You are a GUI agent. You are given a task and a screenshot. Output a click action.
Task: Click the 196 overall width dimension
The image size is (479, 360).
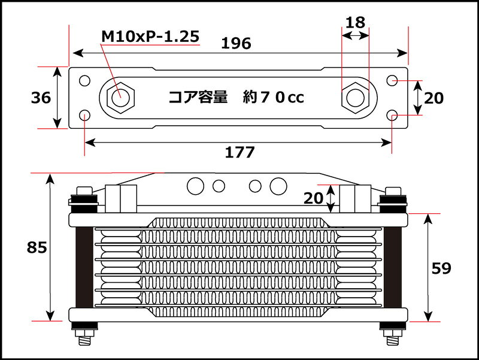236,43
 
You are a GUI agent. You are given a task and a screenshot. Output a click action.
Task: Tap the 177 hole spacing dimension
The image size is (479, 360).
240,152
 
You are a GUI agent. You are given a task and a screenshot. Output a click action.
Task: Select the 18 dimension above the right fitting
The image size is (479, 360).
355,23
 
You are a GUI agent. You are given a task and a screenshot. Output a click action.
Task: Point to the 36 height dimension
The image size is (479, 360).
41,98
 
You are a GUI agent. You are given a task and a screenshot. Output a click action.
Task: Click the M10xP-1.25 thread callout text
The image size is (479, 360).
150,37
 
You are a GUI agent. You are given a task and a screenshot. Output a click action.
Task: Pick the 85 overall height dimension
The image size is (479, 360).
37,247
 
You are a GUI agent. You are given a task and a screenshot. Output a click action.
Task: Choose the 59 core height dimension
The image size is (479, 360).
441,268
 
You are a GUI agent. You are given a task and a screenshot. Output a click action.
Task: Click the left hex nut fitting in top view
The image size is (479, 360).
120,98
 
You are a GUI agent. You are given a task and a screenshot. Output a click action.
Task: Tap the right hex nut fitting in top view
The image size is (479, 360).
356,98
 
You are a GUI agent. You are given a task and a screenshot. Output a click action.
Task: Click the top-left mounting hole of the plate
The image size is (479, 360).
84,81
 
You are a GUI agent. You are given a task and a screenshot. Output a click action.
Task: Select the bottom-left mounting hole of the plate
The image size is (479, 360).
84,116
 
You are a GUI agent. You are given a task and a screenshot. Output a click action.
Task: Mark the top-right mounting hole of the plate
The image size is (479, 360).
392,81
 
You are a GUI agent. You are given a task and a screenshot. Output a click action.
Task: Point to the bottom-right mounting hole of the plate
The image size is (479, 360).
392,116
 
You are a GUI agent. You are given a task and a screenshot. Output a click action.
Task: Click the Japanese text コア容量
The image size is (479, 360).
198,97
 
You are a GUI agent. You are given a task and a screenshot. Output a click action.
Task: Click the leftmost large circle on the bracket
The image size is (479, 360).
196,186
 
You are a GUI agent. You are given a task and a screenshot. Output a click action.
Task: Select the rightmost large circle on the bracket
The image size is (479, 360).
278,186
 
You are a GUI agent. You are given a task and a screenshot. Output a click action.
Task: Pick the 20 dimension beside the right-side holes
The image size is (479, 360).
433,98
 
